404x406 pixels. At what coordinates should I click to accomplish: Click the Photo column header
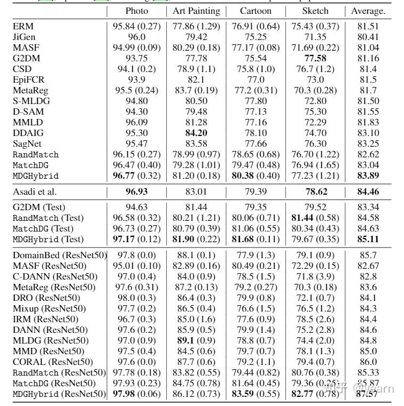137,11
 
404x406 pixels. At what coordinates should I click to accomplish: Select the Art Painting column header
196,11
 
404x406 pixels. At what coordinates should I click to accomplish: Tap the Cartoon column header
255,11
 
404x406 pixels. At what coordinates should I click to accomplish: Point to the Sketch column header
315,11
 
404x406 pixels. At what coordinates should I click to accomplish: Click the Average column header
368,11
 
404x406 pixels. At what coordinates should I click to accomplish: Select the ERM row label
22,26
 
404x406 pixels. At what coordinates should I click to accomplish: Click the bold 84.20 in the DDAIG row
196,133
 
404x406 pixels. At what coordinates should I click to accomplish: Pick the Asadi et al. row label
35,192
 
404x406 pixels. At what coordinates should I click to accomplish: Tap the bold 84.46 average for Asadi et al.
368,192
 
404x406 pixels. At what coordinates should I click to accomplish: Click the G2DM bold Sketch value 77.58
315,58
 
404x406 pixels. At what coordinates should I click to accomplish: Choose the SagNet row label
27,144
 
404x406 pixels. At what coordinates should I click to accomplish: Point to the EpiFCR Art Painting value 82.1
196,79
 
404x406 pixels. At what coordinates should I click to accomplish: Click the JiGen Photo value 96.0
137,37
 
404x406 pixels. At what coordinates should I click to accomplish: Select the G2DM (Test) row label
41,207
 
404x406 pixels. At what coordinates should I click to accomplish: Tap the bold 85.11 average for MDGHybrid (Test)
368,239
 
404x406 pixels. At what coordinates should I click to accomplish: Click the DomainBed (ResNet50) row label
59,255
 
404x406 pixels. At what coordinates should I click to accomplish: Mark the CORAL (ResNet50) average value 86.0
368,362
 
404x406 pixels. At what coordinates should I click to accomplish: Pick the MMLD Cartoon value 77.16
255,122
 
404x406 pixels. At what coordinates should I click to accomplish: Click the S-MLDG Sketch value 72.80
315,101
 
